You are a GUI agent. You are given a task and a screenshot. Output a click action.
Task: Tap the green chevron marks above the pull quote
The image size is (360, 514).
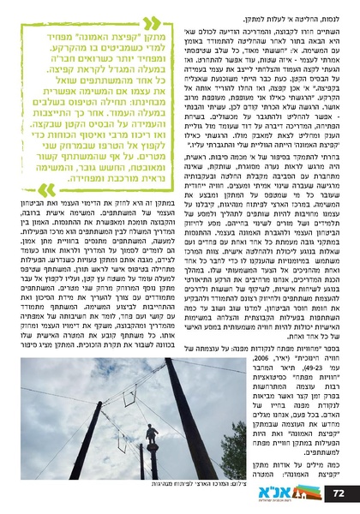click(x=147, y=22)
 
